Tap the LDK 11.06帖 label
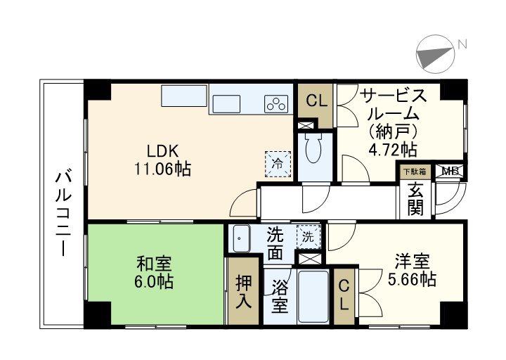pos(164,160)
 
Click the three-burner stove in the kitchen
pos(276,103)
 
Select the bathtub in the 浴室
pos(312,296)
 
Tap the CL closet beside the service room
pos(316,101)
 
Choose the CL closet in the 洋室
pos(344,295)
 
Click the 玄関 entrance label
pos(415,199)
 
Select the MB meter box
pos(450,171)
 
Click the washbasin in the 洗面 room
pos(241,238)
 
